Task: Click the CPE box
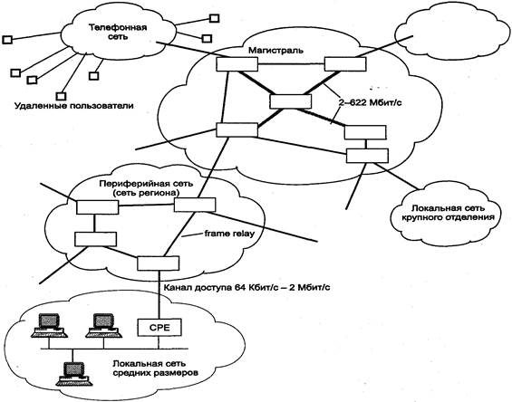coord(159,327)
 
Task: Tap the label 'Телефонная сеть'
coord(118,32)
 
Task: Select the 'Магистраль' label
coord(275,51)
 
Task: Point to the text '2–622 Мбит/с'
coord(370,103)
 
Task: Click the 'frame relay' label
coord(229,234)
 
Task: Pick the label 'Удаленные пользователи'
coord(74,106)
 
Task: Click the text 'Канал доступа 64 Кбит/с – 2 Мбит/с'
coord(246,288)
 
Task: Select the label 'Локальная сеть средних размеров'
coord(155,368)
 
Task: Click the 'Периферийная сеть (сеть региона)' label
coord(146,188)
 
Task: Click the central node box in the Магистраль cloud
coord(291,101)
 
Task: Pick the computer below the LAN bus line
coord(73,374)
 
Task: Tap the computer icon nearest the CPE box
coord(103,326)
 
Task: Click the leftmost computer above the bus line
coord(49,326)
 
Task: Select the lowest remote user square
coord(61,96)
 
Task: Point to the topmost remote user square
coord(214,18)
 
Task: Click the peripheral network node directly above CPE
coord(158,263)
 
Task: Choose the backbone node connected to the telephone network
coord(237,64)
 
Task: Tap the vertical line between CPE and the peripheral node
coord(159,294)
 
